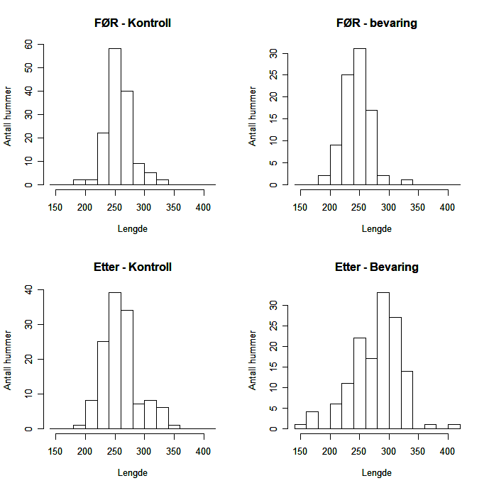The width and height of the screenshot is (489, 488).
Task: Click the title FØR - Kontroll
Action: [132, 23]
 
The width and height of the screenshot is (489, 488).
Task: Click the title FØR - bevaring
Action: [376, 23]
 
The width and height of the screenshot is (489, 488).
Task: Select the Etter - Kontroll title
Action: [132, 267]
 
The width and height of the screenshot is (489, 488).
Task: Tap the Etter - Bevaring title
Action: [376, 267]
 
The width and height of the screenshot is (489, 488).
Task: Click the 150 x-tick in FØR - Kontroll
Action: [55, 207]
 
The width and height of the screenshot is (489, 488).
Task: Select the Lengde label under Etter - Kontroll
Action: [132, 472]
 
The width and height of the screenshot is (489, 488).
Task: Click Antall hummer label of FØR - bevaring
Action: [253, 116]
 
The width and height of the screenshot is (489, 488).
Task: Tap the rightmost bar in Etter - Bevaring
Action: [454, 426]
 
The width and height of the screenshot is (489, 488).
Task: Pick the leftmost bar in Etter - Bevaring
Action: [300, 426]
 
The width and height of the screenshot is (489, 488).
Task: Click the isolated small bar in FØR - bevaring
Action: [407, 182]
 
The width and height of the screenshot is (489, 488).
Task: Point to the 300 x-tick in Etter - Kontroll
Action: [144, 451]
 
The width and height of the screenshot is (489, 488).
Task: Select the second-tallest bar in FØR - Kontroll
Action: [126, 138]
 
